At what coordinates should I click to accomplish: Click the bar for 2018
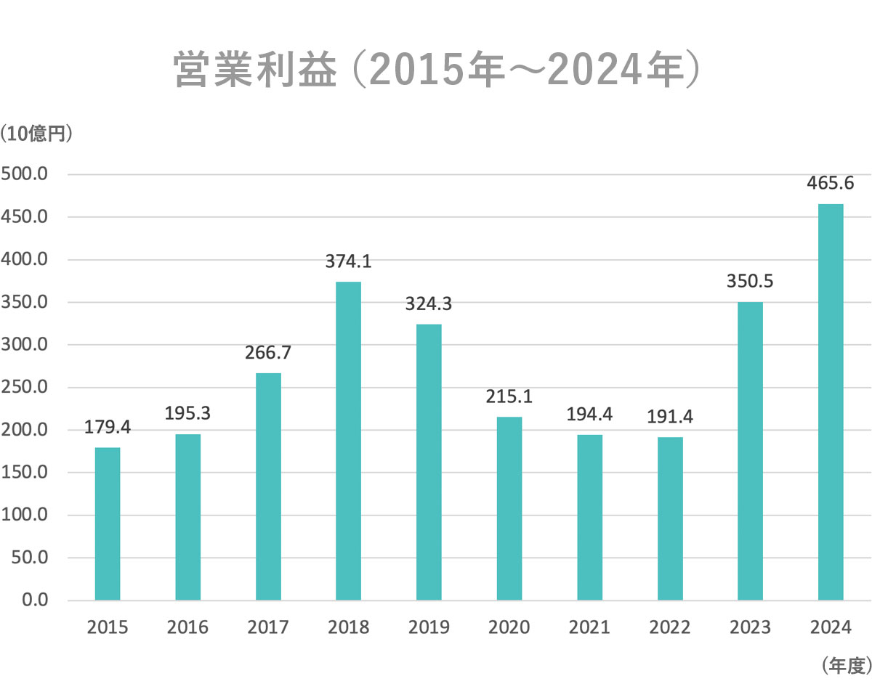pyautogui.click(x=349, y=441)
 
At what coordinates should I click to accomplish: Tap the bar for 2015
pyautogui.click(x=108, y=523)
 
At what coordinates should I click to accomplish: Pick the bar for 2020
pyautogui.click(x=509, y=508)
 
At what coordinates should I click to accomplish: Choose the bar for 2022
pyautogui.click(x=670, y=518)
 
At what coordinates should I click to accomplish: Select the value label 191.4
pyautogui.click(x=670, y=417)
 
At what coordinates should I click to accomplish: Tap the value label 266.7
pyautogui.click(x=268, y=354)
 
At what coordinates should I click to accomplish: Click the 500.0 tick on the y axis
pyautogui.click(x=25, y=174)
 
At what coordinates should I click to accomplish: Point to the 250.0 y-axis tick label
pyautogui.click(x=25, y=387)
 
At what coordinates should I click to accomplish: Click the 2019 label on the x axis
pyautogui.click(x=429, y=627)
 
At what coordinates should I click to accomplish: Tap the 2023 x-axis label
pyautogui.click(x=750, y=627)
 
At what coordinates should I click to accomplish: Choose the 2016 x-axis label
pyautogui.click(x=187, y=627)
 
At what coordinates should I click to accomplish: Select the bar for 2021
pyautogui.click(x=589, y=517)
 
